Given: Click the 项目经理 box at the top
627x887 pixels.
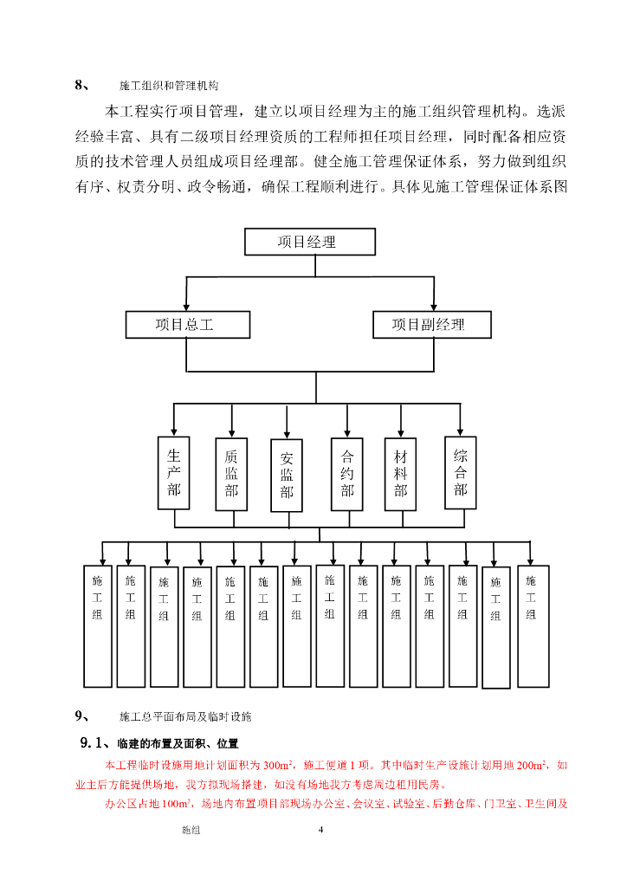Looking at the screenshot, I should point(310,242).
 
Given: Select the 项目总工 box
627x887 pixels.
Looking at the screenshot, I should point(187,325).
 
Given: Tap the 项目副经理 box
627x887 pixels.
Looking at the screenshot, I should point(431,325).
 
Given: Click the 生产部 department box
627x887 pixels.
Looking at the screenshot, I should point(174,473).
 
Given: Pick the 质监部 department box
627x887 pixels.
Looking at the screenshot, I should point(231,474).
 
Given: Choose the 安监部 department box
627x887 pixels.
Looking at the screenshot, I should point(287,476).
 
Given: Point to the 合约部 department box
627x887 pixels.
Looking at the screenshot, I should point(347,473).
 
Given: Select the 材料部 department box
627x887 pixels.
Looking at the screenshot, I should point(400,473).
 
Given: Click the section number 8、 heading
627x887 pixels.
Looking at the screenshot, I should point(82,85).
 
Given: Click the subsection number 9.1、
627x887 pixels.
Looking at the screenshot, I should point(94,742).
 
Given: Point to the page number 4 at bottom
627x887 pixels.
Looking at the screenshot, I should point(320,830).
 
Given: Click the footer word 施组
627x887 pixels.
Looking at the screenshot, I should point(191,830).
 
